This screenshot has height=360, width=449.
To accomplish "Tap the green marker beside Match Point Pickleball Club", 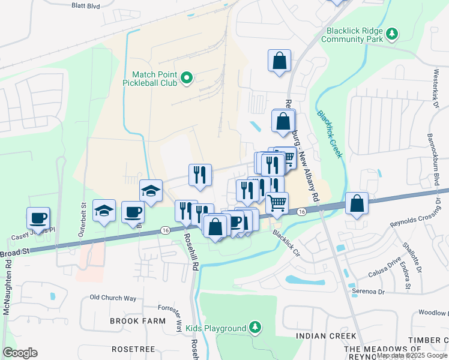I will click(x=186, y=77).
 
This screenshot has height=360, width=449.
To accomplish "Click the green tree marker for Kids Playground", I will click(x=256, y=328).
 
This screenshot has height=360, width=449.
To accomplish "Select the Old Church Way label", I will click(x=113, y=298).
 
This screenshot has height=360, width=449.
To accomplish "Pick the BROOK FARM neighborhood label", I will click(x=137, y=321).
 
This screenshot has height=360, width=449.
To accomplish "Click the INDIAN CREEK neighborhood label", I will click(x=326, y=336).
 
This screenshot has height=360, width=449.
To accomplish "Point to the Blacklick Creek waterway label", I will click(x=330, y=133).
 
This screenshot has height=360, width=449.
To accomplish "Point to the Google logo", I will click(x=20, y=353).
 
